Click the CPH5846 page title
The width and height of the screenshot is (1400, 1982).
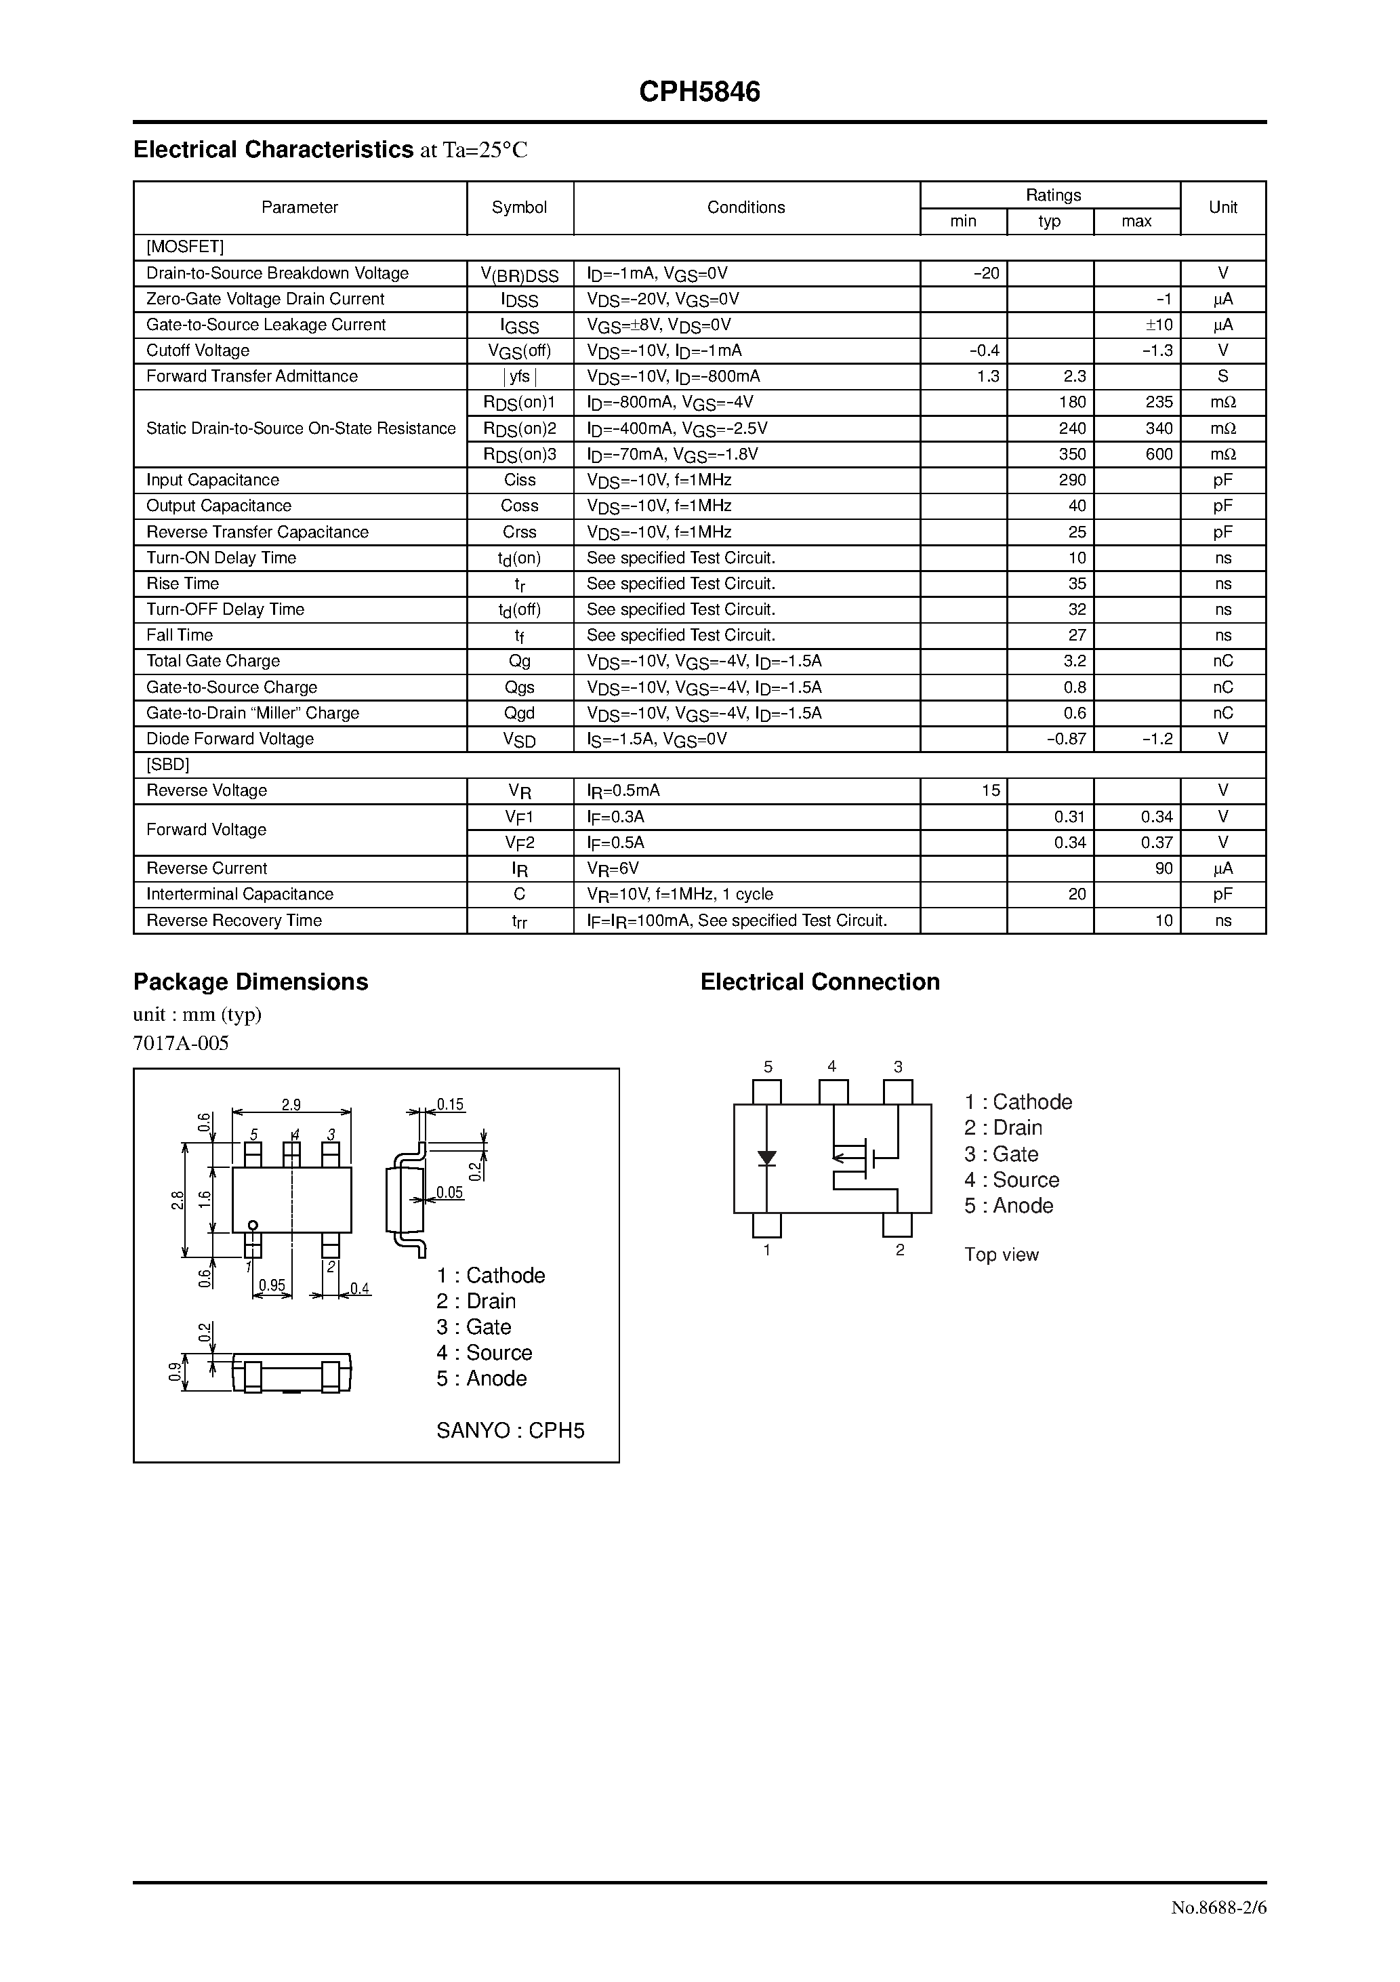699,92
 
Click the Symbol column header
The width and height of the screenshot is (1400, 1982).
520,207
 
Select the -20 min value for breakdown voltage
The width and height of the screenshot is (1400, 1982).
986,272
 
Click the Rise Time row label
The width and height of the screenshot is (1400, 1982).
183,584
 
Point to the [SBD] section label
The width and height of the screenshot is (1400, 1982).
168,765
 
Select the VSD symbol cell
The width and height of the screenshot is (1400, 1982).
520,740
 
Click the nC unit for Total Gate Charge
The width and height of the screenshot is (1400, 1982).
1222,662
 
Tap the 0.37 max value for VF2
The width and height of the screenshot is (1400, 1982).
1157,843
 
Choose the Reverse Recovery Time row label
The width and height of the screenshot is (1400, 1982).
234,921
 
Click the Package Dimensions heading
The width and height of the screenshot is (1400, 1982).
250,982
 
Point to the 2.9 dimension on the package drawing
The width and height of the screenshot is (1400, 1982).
291,1104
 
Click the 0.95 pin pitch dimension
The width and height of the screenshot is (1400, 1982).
272,1285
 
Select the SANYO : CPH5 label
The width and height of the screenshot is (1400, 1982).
510,1430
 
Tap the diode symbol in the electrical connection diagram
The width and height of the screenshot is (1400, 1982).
766,1158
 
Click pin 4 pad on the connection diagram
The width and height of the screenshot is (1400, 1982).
833,1092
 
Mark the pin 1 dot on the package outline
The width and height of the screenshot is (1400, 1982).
253,1225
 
